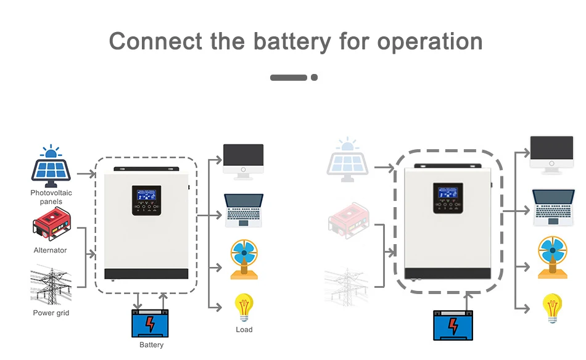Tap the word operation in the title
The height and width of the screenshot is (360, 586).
(429, 41)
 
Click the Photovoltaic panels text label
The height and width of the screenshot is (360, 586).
(51, 197)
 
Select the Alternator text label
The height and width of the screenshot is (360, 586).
(51, 250)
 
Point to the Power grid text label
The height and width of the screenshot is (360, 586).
(51, 313)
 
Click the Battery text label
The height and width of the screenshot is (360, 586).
(151, 345)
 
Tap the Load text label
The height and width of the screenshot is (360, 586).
(244, 330)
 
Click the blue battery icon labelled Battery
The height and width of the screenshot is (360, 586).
(150, 323)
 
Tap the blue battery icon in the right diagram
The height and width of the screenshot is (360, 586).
(454, 325)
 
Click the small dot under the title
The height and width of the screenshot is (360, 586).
(314, 78)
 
